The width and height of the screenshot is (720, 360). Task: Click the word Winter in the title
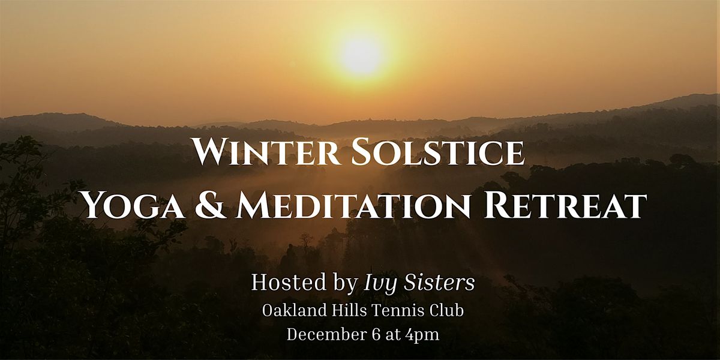261,153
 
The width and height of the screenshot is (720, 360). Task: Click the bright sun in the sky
360,55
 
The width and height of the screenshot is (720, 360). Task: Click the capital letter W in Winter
210,153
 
